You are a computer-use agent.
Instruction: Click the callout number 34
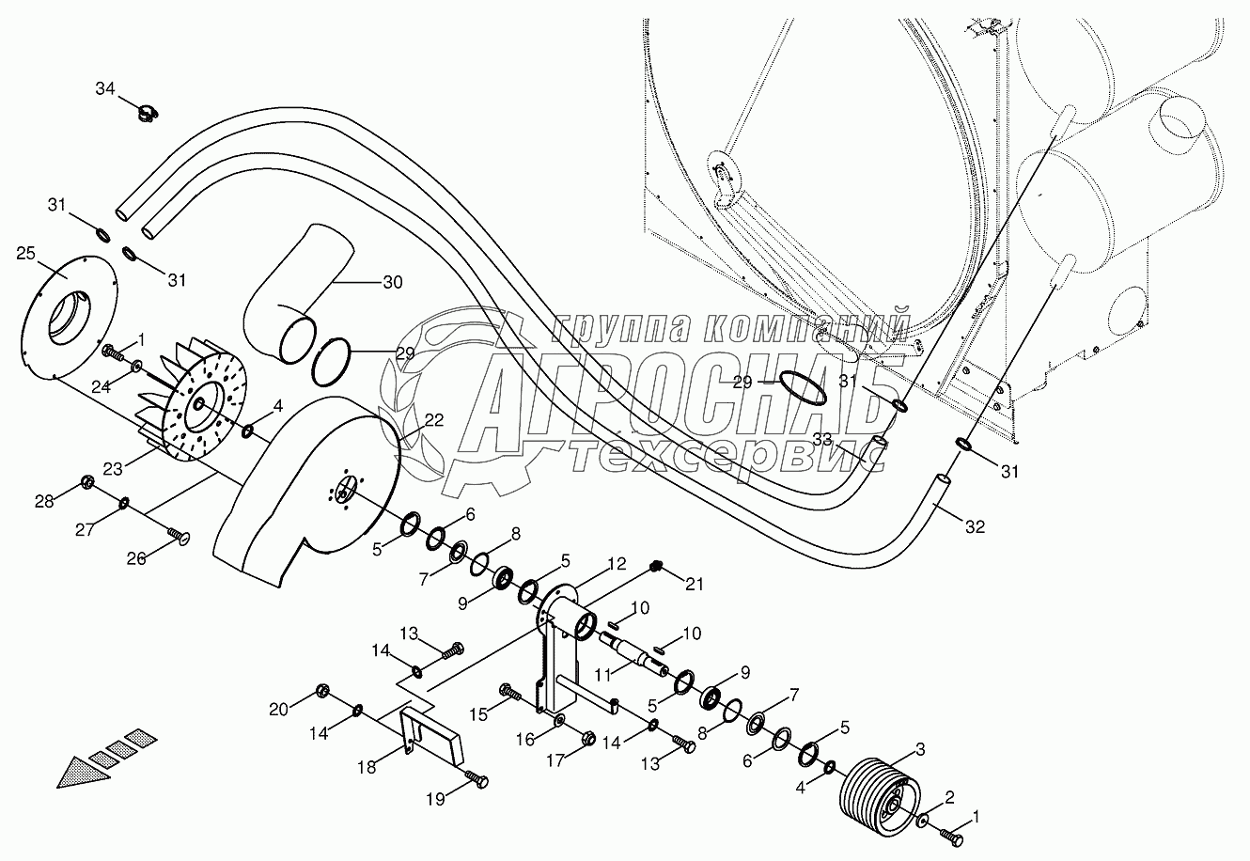click(x=105, y=88)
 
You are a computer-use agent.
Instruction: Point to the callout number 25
click(x=26, y=253)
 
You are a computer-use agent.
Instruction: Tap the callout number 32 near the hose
click(x=975, y=527)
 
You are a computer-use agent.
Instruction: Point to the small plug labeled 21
click(x=658, y=566)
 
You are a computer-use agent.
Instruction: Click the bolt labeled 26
click(x=178, y=536)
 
